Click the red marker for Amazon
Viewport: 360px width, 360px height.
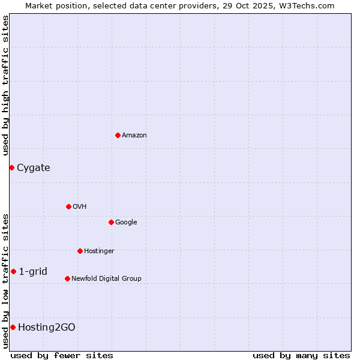[118, 135]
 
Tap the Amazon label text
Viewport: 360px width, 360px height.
[134, 136]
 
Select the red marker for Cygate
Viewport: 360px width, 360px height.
[11, 167]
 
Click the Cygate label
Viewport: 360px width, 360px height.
[33, 168]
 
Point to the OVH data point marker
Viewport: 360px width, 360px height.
[68, 206]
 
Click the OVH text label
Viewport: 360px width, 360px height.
[79, 207]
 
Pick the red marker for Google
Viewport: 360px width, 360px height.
[111, 222]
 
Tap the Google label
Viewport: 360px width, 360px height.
[126, 223]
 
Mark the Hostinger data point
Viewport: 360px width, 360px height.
[80, 251]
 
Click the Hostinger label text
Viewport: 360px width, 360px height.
[99, 251]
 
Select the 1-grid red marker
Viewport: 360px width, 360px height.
[13, 271]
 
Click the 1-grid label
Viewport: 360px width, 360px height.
[33, 272]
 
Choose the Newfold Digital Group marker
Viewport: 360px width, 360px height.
[67, 278]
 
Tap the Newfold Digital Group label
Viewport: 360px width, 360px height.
[106, 279]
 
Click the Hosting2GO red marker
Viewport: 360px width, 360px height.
[13, 327]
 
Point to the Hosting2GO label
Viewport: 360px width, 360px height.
[47, 328]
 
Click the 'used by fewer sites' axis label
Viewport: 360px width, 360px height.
[62, 355]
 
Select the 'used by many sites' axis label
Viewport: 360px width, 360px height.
[301, 355]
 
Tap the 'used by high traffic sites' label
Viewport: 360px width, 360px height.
[5, 85]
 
